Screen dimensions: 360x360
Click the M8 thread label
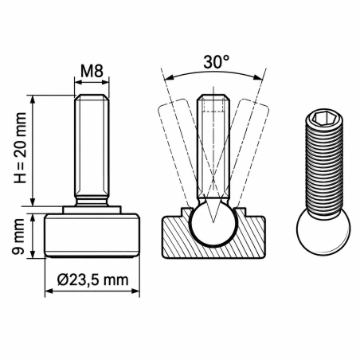92,71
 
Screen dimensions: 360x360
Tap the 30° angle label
216,62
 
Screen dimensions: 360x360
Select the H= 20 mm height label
21,148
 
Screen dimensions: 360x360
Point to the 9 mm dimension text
18,237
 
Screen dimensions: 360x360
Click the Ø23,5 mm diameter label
93,280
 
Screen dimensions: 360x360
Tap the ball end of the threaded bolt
323,232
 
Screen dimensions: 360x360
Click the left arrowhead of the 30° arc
169,77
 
